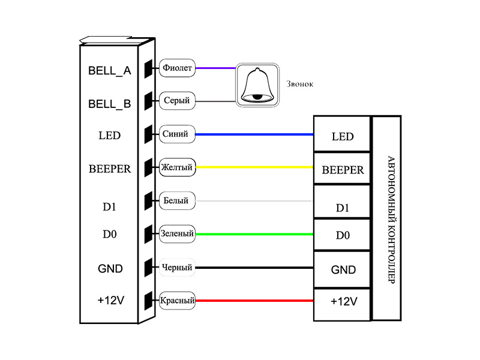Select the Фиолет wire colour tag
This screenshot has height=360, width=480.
pyautogui.click(x=177, y=68)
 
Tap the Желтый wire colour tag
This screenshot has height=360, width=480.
pyautogui.click(x=177, y=167)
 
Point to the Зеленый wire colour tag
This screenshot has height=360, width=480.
pyautogui.click(x=177, y=233)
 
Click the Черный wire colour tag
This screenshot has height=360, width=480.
pyautogui.click(x=177, y=267)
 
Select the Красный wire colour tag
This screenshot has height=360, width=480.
pyautogui.click(x=178, y=301)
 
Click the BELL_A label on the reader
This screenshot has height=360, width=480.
pyautogui.click(x=110, y=71)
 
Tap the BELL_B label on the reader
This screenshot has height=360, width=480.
pyautogui.click(x=110, y=104)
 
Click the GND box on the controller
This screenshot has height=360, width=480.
pyautogui.click(x=343, y=269)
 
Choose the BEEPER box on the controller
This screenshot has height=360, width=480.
pyautogui.click(x=343, y=170)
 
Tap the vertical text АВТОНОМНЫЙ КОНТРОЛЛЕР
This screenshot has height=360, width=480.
pyautogui.click(x=391, y=220)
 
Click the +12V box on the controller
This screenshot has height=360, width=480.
pyautogui.click(x=343, y=302)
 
